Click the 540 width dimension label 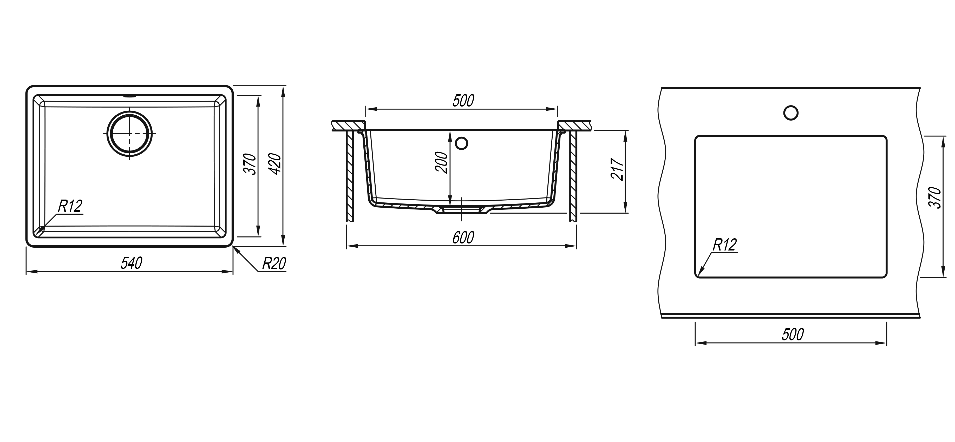[132, 263]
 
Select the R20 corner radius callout [274, 263]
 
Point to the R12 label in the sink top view [70, 206]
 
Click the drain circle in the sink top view [129, 133]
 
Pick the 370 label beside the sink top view [251, 164]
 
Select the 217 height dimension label [617, 169]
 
